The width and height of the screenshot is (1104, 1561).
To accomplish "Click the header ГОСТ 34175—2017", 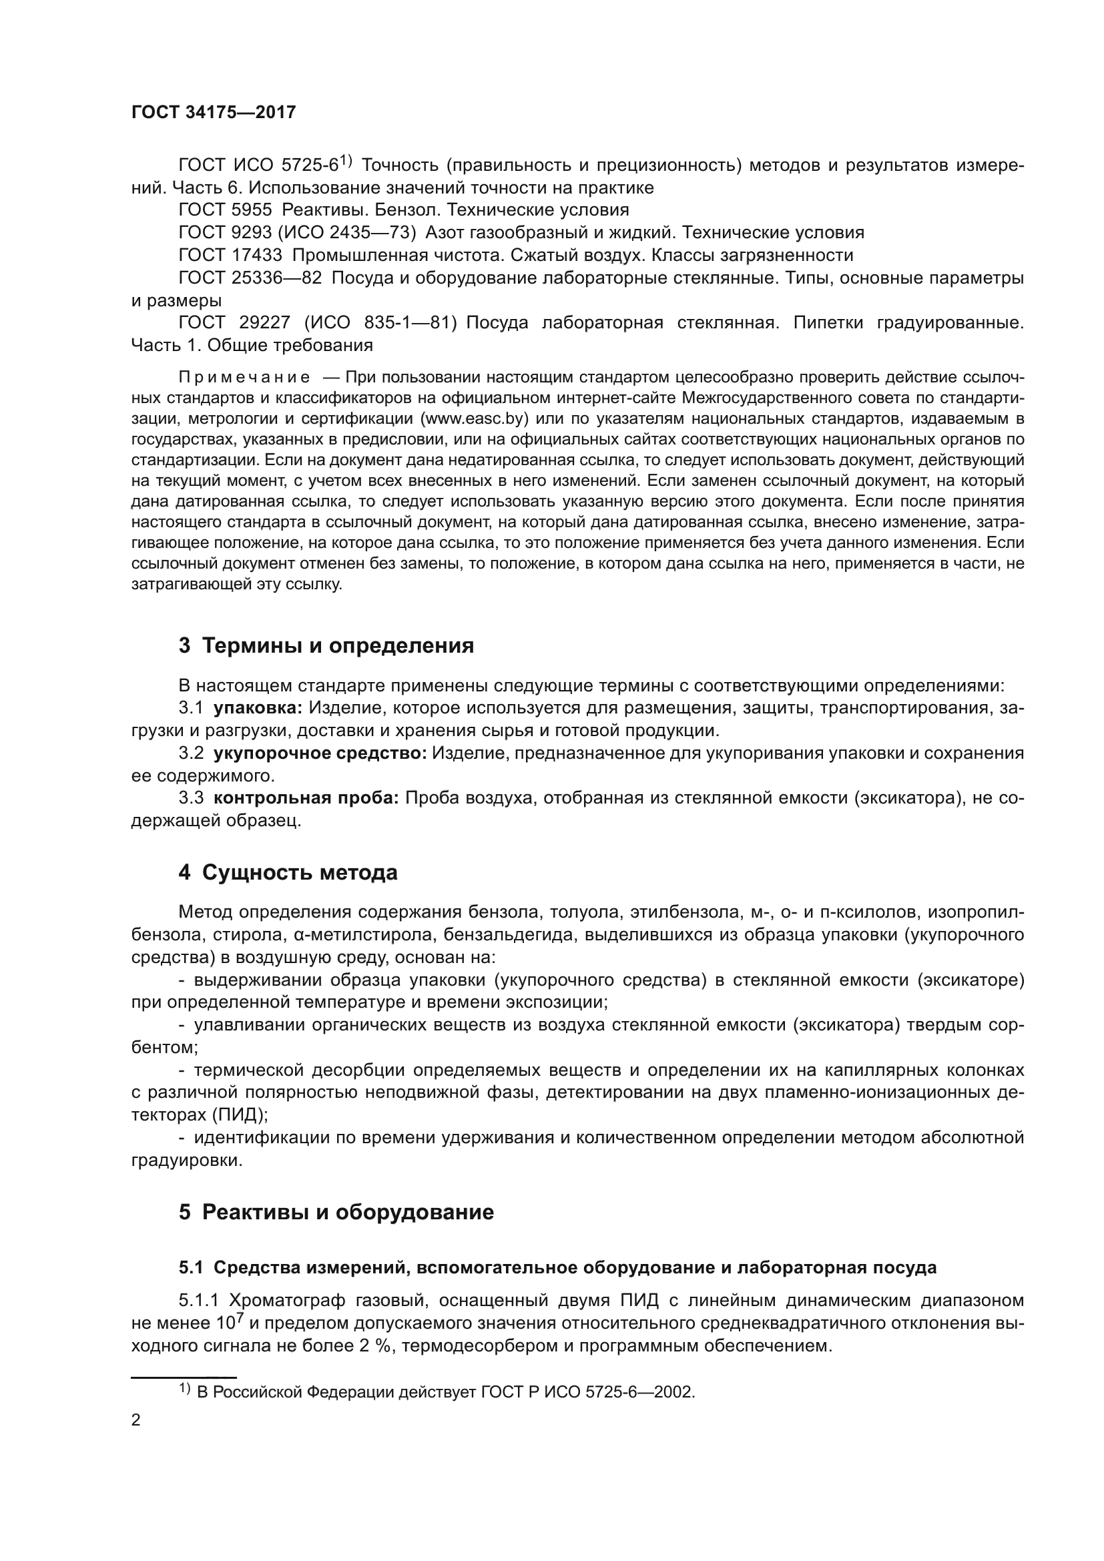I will pyautogui.click(x=214, y=112).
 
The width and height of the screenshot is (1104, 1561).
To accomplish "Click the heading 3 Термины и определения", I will pyautogui.click(x=326, y=645).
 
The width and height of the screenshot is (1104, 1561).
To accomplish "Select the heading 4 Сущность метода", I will pyautogui.click(x=288, y=872).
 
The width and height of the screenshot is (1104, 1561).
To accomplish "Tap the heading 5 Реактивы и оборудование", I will pyautogui.click(x=336, y=1212).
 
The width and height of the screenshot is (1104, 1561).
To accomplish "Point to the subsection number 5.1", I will pyautogui.click(x=192, y=1268).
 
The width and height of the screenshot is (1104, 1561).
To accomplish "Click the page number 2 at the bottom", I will pyautogui.click(x=136, y=1420).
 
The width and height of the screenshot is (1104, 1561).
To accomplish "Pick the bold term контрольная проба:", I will pyautogui.click(x=306, y=798).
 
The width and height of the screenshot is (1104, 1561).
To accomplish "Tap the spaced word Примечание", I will pyautogui.click(x=244, y=377).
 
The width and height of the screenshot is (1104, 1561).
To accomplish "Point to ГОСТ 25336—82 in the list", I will pyautogui.click(x=250, y=278).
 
